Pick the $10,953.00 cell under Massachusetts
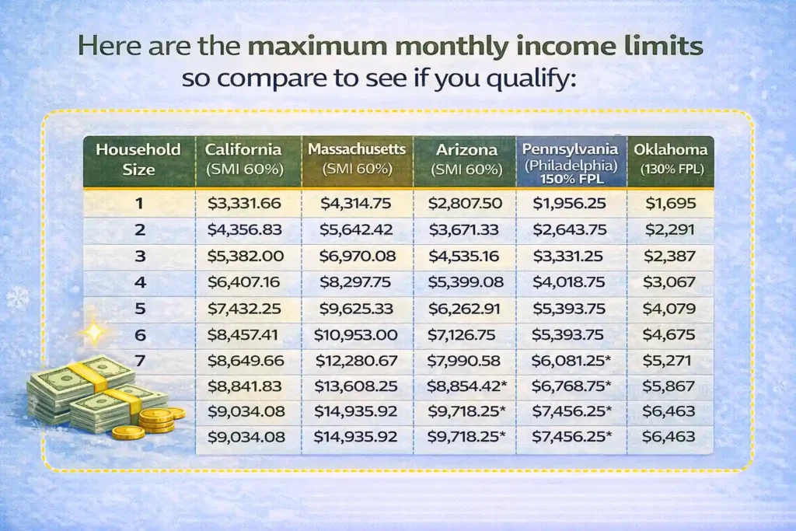(355, 335)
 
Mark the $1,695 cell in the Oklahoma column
(669, 204)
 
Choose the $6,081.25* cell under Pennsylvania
(571, 362)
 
